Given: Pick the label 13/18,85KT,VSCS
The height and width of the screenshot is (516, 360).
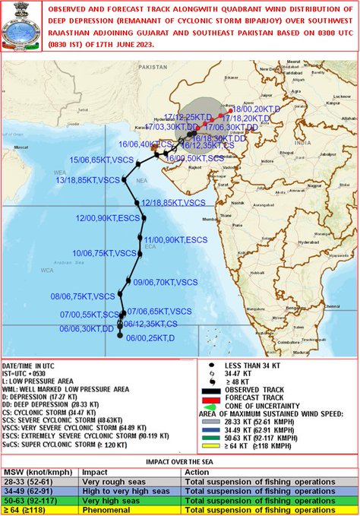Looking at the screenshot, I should click(88, 180).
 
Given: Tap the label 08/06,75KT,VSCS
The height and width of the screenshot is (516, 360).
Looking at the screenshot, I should click(83, 296).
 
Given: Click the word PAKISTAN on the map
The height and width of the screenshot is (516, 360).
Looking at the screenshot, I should click(153, 67).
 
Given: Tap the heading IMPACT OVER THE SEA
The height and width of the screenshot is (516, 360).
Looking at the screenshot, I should click(179, 461).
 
